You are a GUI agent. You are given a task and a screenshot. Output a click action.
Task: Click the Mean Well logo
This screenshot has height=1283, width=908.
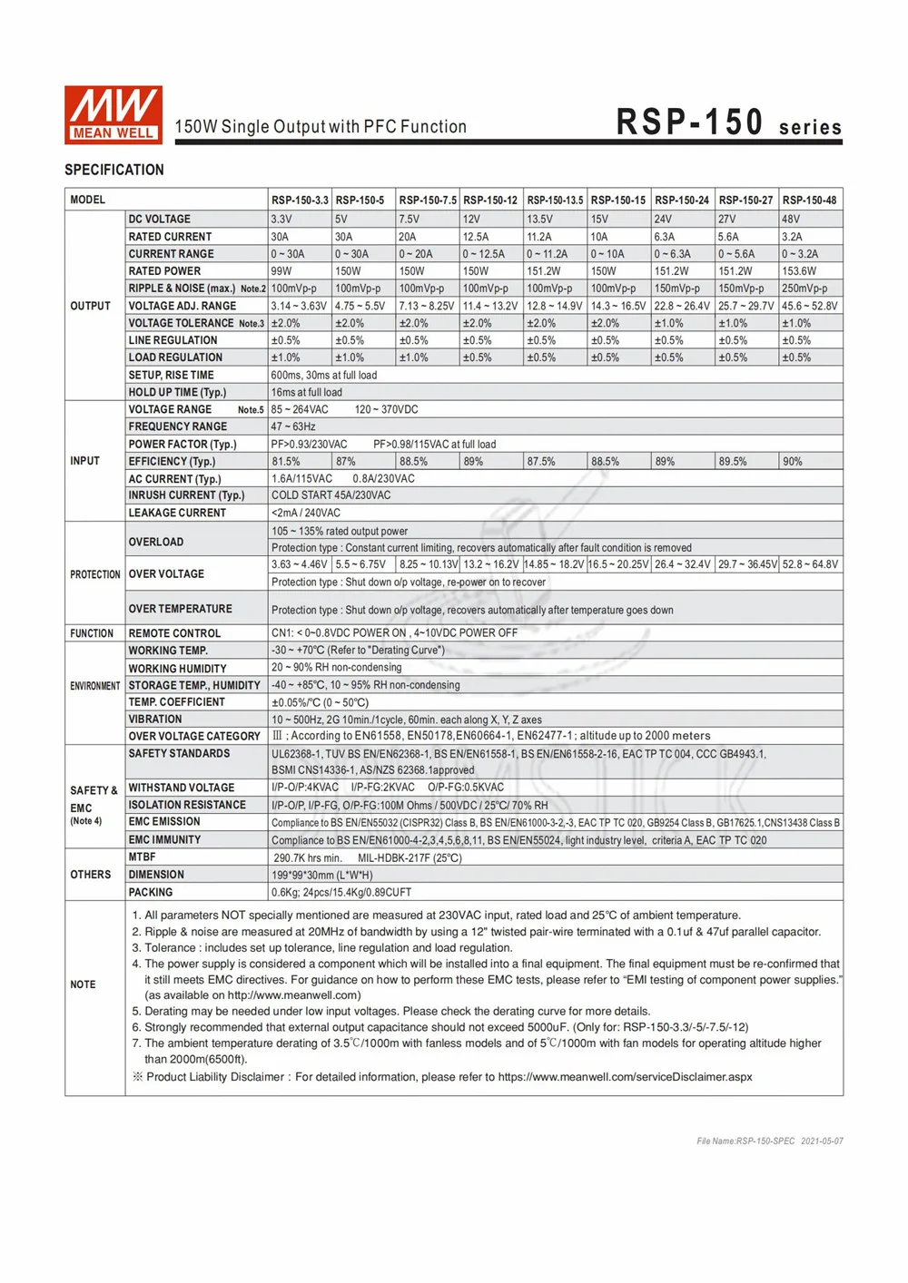[x=113, y=115]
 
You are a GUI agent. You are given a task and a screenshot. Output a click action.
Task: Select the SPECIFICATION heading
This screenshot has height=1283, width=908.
[x=114, y=170]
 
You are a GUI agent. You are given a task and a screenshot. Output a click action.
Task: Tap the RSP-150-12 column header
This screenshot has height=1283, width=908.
[x=490, y=200]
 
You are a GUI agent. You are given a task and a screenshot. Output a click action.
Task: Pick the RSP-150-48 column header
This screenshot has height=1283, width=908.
[x=810, y=200]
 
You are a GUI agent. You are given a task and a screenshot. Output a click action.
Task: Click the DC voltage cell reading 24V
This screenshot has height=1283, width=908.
[x=663, y=219]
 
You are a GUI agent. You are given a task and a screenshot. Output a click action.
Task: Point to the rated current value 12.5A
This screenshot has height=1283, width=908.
[x=476, y=237]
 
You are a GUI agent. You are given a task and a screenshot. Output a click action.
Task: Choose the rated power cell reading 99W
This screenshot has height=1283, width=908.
[x=281, y=271]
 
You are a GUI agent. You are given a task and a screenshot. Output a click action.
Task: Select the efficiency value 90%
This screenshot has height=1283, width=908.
[x=793, y=462]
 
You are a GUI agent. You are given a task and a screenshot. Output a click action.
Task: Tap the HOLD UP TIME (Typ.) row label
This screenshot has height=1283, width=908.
[x=177, y=393]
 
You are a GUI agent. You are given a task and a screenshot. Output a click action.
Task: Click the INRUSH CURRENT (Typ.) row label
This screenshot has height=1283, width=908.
[x=186, y=495]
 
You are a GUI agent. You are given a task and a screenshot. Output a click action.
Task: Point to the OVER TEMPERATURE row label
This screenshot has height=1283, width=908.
[x=180, y=609]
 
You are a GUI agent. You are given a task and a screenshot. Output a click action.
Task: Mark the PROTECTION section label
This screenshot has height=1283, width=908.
[x=95, y=574]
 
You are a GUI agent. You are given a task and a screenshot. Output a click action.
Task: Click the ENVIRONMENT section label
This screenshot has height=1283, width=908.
[x=95, y=686]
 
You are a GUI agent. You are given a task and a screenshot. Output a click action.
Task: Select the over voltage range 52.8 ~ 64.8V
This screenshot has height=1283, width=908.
[x=811, y=564]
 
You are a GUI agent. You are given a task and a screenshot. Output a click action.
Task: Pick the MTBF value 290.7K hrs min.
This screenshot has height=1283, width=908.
[x=308, y=857]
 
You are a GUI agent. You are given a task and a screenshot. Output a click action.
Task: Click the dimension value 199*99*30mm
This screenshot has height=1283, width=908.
[x=322, y=875]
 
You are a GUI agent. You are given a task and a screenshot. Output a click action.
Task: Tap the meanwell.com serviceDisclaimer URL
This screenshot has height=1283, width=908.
[x=625, y=1077]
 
